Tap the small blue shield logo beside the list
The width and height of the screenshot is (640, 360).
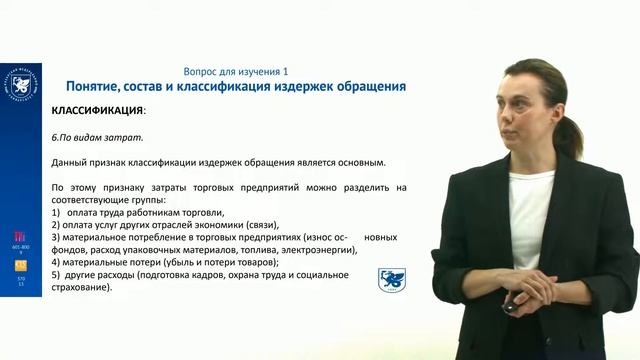tap(391, 280)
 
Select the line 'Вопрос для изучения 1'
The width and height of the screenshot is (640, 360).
tap(236, 72)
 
